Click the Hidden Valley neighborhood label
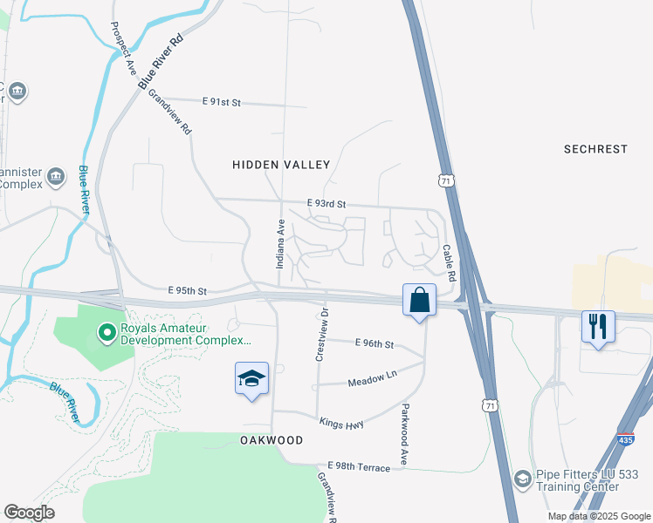coord(281,165)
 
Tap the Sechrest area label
coord(595,149)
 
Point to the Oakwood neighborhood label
coord(272,441)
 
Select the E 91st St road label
coord(221,102)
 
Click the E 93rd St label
coord(326,203)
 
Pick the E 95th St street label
coord(187,290)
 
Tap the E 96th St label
coord(375,344)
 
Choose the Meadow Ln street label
coord(372,382)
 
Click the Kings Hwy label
coord(340,422)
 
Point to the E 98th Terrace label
coord(359,468)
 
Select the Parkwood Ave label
coord(405,434)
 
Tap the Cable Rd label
coord(450,261)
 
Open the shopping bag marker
coord(419,300)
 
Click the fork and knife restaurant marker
coord(598,327)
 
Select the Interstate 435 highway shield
coord(625,440)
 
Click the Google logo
coord(29,513)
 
